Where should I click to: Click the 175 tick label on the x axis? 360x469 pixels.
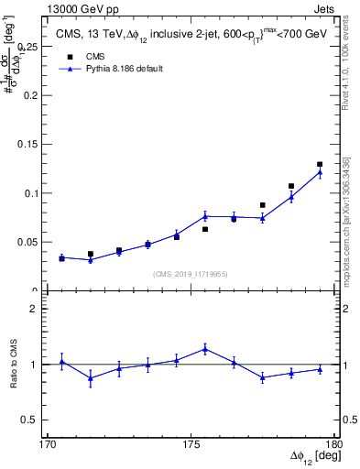coord(191,444)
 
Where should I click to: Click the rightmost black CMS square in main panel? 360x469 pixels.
coord(320,164)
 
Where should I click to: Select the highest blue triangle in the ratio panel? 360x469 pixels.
coord(205,348)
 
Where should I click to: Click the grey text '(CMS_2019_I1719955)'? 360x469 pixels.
coord(191,273)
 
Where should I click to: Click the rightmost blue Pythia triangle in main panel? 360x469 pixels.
coord(320,172)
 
